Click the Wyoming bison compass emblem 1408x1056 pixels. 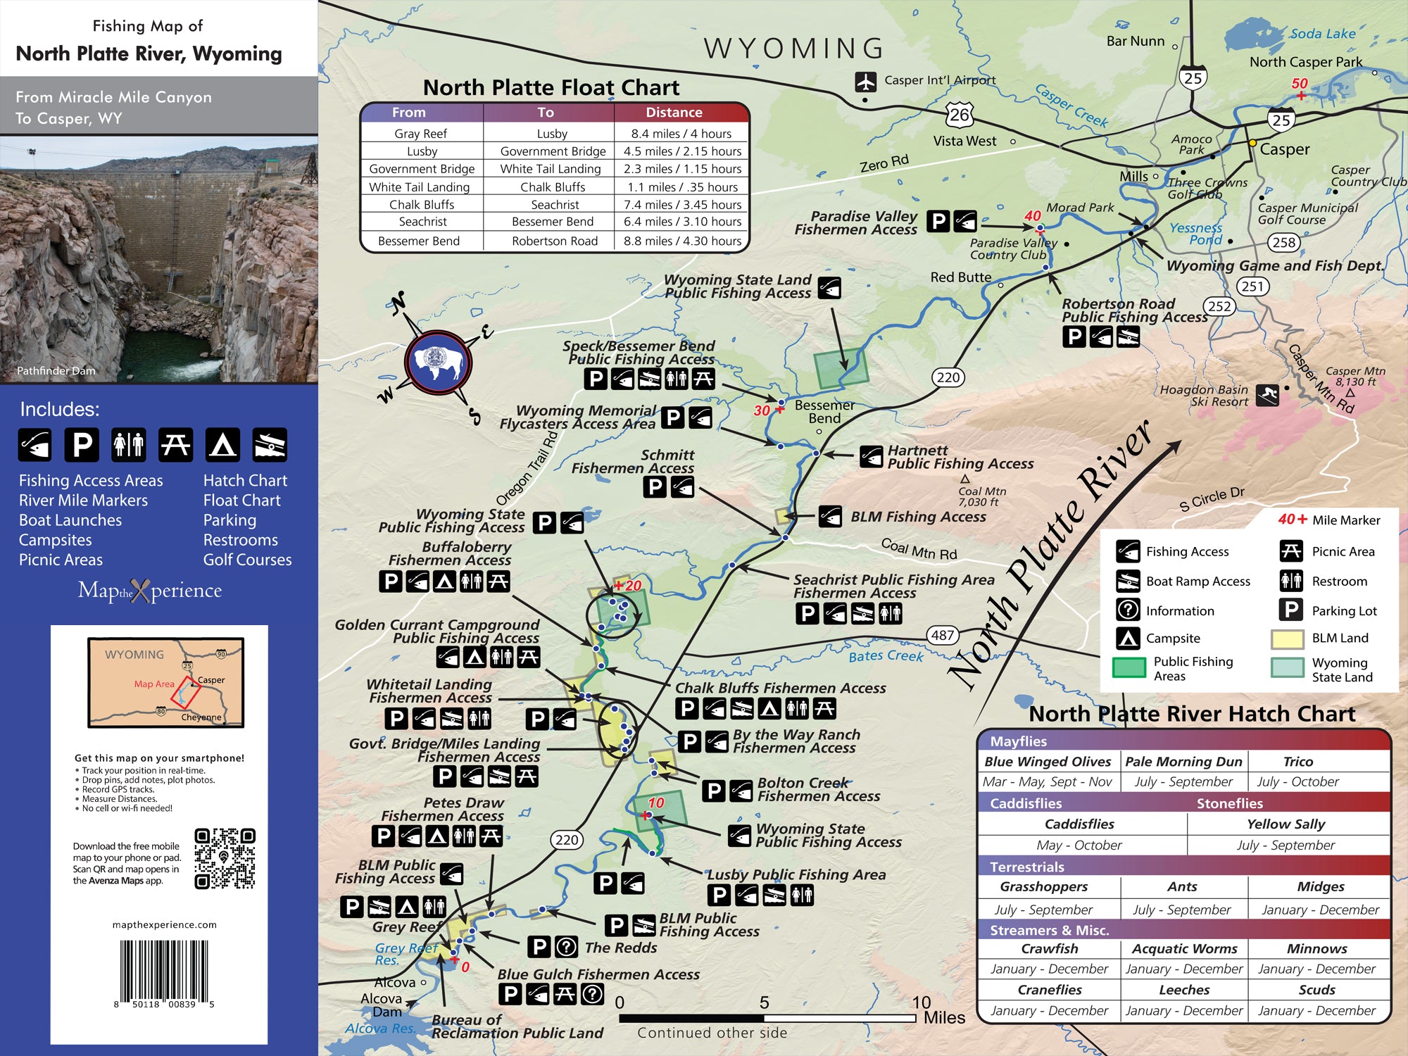coord(438,363)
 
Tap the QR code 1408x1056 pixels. coord(225,858)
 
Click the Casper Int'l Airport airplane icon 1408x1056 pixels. coord(865,82)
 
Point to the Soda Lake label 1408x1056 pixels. coord(1322,33)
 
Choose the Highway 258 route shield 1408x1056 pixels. coord(1283,242)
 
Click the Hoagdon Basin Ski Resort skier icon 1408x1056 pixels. coord(1268,395)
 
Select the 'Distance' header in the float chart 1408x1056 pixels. coord(674,113)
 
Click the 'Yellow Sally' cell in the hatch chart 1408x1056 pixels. coord(1286,824)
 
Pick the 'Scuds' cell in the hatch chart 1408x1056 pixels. coord(1316,990)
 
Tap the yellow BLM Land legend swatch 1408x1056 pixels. coord(1288,639)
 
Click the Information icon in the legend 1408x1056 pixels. coord(1128,610)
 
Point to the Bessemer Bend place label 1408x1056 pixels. coord(824,411)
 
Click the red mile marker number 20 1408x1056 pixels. coord(632,585)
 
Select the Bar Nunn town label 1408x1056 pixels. coord(1135,42)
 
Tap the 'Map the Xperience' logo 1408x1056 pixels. coord(150,591)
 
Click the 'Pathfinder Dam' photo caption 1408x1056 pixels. coord(56,371)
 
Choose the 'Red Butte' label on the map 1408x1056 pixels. coord(960,277)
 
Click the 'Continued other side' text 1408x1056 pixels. coord(712,1033)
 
